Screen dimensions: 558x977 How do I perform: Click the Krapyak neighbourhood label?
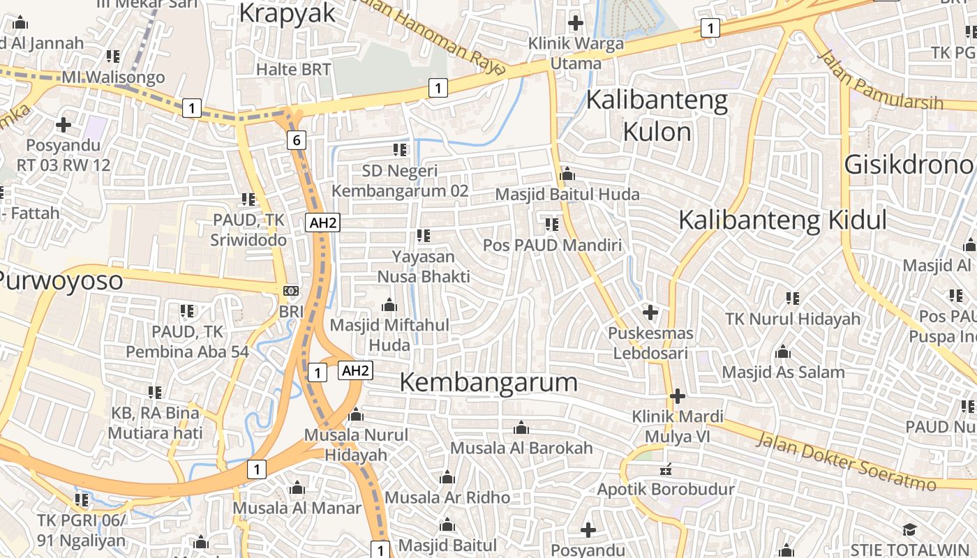tap(288, 14)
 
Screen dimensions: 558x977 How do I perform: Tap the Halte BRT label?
tap(293, 69)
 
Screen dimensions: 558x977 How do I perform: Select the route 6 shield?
tap(297, 140)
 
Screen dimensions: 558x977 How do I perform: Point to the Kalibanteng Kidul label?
tap(782, 220)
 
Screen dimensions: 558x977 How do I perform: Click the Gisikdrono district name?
tap(909, 165)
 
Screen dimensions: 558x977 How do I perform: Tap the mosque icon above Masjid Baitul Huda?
tap(567, 174)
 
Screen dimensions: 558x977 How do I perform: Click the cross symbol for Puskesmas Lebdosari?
tap(650, 312)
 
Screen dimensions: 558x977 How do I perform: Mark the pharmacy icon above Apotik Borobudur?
tap(666, 469)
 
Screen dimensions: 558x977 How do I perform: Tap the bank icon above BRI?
tap(291, 290)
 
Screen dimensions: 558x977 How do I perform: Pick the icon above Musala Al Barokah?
tap(521, 428)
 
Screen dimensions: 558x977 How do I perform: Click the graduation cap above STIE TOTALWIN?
tap(909, 530)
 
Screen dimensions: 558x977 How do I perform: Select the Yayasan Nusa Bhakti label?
tap(424, 266)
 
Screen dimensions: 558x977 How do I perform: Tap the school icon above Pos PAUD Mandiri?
tap(552, 225)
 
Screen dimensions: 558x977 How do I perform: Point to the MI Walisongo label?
tap(114, 77)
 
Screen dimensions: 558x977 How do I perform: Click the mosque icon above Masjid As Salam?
tap(783, 352)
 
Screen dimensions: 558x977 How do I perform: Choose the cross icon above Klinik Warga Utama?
tap(576, 23)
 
